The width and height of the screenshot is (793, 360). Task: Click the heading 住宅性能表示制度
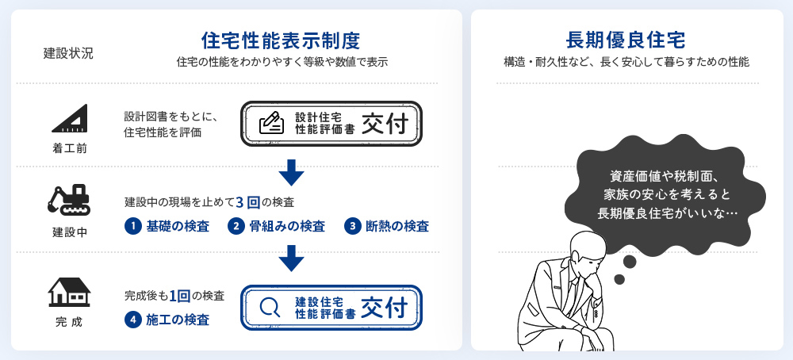281,40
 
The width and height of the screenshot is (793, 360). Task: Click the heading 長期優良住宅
626,40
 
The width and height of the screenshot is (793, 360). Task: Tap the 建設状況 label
68,54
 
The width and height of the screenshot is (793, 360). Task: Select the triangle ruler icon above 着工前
70,118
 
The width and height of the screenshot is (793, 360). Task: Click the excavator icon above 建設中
69,199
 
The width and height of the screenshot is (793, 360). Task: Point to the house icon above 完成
69,292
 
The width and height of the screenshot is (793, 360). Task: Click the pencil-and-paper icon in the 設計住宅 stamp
271,123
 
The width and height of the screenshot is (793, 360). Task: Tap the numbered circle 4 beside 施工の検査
132,320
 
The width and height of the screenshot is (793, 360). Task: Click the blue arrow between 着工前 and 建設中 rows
291,173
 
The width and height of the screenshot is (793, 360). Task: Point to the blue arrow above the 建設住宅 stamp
291,259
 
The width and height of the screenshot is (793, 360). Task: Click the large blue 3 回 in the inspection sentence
247,203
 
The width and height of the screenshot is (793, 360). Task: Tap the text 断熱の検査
397,227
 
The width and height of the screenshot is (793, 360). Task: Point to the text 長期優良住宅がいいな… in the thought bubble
667,213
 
